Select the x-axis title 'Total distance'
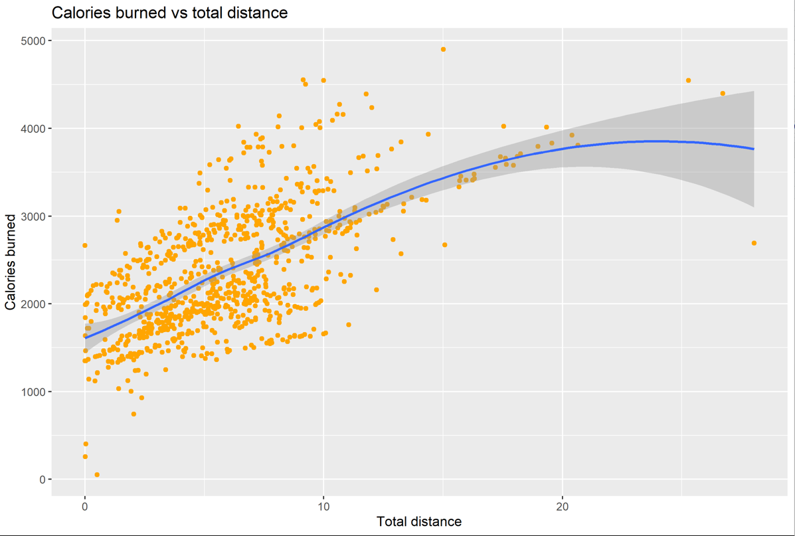(x=418, y=521)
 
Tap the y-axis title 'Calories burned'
(x=11, y=262)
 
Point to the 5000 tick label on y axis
(x=33, y=41)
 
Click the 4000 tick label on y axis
(x=33, y=128)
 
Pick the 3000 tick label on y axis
(x=33, y=217)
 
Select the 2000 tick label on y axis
(x=33, y=304)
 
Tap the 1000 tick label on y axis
(x=33, y=392)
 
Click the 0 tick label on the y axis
(x=41, y=480)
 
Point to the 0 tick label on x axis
(x=85, y=505)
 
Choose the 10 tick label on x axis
(x=323, y=505)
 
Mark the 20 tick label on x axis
(x=563, y=505)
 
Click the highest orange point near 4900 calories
(x=443, y=49)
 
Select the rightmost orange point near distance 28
(x=754, y=243)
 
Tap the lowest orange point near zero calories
(x=97, y=475)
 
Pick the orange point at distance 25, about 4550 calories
(x=688, y=80)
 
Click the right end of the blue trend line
(x=754, y=149)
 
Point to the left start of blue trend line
(x=85, y=338)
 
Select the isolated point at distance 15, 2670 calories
(x=445, y=245)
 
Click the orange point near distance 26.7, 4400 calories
(x=723, y=94)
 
